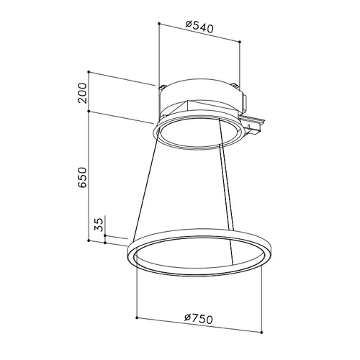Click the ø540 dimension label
pyautogui.click(x=199, y=27)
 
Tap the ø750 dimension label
pyautogui.click(x=199, y=150)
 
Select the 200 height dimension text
pyautogui.click(x=82, y=93)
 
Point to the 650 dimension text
pyautogui.click(x=82, y=177)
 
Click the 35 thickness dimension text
pyautogui.click(x=99, y=224)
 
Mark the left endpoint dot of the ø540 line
pyautogui.click(x=159, y=23)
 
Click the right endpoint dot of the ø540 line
pyautogui.click(x=240, y=42)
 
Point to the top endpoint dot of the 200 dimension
pyautogui.click(x=89, y=72)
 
